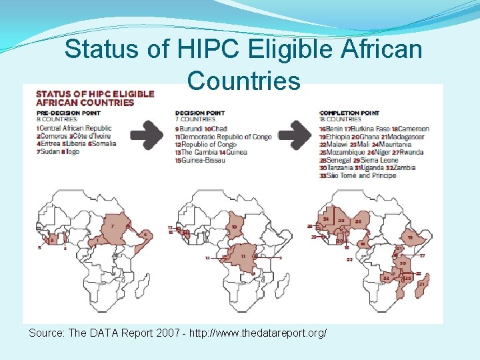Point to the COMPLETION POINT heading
click(351, 113)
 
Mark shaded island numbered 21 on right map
click(422, 285)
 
